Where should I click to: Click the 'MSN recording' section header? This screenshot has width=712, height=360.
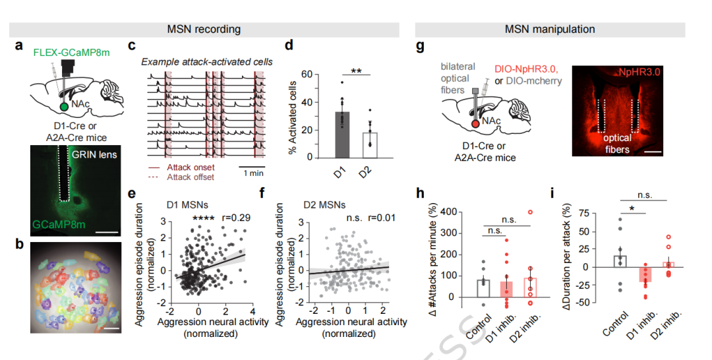(203, 29)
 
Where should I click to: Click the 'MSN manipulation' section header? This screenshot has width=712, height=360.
(550, 29)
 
